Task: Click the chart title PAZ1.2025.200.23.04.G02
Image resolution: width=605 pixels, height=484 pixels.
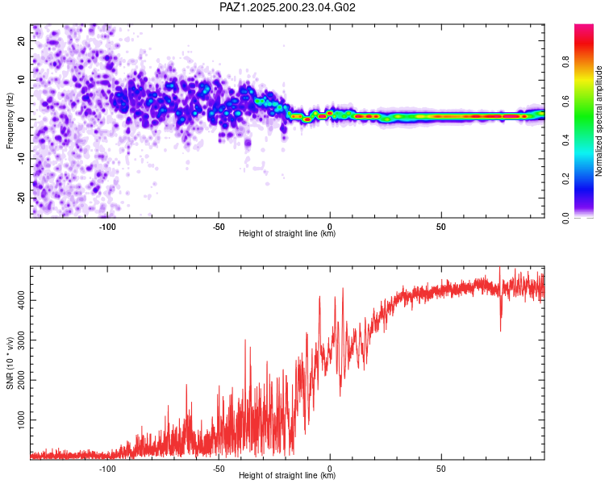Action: point(287,7)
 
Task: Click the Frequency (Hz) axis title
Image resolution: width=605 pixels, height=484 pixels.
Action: point(10,121)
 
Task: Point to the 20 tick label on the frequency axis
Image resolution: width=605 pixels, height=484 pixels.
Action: point(21,41)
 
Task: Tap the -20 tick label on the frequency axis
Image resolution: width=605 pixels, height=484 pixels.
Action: point(21,198)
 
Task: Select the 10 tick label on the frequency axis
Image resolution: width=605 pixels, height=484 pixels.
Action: point(21,80)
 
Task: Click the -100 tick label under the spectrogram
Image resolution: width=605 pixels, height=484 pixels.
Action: point(107,227)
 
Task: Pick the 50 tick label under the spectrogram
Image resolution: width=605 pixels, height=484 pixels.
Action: point(441,227)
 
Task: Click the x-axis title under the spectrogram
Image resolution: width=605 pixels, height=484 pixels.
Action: point(287,233)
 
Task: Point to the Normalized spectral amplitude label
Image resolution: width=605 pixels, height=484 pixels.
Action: point(599,121)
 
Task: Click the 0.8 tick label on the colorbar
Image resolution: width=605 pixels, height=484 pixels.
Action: point(565,62)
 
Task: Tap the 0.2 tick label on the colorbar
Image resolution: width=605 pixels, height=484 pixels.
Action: point(565,179)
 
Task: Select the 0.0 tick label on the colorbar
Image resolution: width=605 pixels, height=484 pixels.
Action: point(565,218)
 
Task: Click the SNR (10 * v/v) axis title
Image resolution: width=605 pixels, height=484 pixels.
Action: point(10,363)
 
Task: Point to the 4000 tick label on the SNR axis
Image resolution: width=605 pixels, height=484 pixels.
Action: point(21,300)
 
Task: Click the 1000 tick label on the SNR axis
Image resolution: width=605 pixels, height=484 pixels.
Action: point(21,420)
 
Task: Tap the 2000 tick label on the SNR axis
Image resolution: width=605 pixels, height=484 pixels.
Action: point(21,380)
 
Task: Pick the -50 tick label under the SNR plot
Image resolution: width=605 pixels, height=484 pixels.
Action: point(219,469)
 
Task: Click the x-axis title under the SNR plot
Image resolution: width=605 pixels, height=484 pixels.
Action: point(287,475)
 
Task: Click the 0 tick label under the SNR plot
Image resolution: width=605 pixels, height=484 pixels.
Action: point(330,469)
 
